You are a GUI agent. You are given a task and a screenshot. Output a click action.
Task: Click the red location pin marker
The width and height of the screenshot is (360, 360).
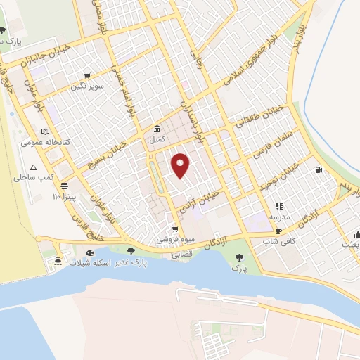[x=181, y=165]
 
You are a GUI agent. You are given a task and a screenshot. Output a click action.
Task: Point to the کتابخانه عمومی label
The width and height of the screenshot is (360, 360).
[x=41, y=142]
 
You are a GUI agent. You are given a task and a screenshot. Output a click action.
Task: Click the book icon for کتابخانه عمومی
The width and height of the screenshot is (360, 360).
[x=46, y=131]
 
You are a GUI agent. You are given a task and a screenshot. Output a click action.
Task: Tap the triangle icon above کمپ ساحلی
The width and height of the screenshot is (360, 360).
[x=32, y=167]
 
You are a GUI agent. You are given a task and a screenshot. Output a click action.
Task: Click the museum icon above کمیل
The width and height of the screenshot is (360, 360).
[x=157, y=129]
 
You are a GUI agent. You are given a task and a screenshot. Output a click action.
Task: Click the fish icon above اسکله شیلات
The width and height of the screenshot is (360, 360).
[x=89, y=252]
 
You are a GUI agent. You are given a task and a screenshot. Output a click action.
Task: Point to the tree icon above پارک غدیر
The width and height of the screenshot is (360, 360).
[x=130, y=250]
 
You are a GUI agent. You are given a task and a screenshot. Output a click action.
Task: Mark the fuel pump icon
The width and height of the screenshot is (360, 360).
[x=320, y=169]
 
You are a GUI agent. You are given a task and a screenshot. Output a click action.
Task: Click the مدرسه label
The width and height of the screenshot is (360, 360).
[x=278, y=217]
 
